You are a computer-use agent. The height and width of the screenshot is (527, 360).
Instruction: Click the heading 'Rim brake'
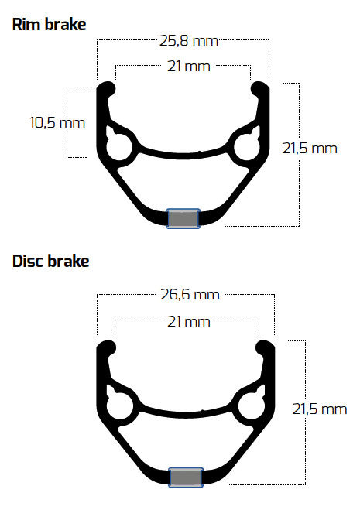click(49, 25)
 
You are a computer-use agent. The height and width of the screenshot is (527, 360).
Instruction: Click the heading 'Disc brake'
click(51, 261)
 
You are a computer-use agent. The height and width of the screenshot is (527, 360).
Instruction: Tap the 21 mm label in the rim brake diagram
click(184, 67)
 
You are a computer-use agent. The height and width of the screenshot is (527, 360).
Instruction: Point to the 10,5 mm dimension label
click(57, 121)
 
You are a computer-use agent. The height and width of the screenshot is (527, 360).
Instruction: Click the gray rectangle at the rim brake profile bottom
click(183, 218)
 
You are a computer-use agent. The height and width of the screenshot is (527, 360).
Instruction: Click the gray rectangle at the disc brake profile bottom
click(186, 477)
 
